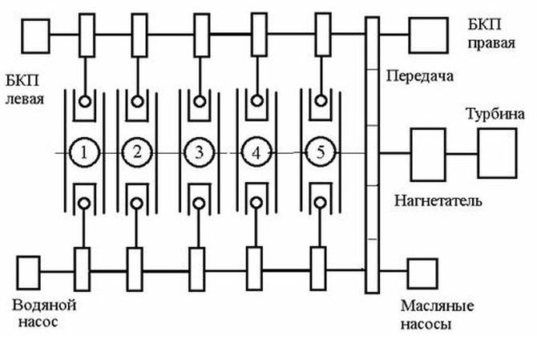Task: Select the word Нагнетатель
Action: click(438, 199)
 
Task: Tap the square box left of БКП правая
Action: click(425, 34)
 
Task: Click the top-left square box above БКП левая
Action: click(34, 34)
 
